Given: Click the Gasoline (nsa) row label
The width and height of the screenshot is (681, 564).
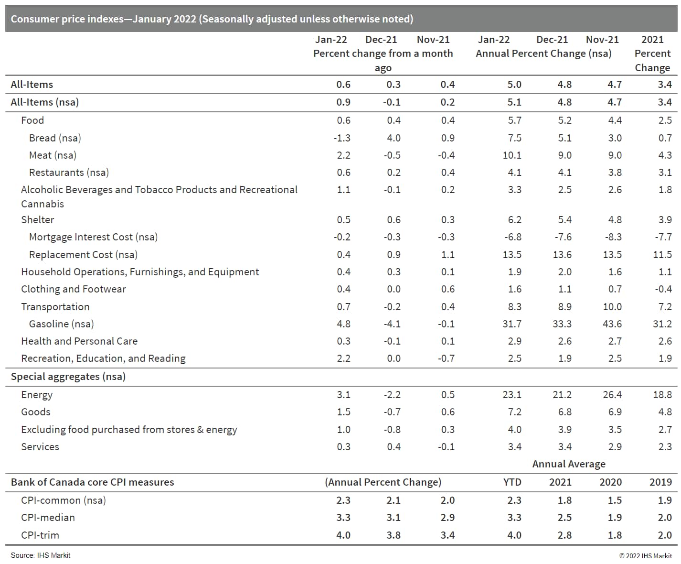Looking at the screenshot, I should [x=61, y=324].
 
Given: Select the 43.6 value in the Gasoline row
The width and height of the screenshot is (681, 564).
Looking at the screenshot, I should [x=612, y=324].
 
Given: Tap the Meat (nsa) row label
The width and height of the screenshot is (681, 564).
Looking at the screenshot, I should [x=53, y=155].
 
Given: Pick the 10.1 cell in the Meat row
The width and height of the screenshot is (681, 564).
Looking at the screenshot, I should [x=512, y=155].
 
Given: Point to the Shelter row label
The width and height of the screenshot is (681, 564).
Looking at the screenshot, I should [x=38, y=220].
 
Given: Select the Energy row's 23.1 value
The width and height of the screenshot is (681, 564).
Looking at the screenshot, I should [x=512, y=395].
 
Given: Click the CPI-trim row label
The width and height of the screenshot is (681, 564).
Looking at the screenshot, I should [x=40, y=535].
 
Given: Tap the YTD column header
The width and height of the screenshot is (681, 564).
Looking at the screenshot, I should [x=512, y=482].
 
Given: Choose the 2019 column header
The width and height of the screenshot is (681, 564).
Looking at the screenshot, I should [x=660, y=482].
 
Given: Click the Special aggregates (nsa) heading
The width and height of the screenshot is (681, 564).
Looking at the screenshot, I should [x=68, y=377].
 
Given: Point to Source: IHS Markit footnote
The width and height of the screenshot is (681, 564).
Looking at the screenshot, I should [x=41, y=555].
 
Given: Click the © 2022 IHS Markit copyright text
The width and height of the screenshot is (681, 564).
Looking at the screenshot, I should [x=646, y=556].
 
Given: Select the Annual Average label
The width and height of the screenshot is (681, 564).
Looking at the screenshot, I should [x=569, y=464].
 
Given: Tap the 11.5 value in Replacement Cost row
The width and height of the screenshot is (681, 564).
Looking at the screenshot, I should [x=662, y=255].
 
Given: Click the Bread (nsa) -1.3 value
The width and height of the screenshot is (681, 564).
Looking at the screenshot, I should [x=342, y=138].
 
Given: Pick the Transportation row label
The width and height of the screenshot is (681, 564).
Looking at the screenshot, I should [x=55, y=307].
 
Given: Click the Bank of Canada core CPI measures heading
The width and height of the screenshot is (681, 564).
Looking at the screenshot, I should [x=93, y=482].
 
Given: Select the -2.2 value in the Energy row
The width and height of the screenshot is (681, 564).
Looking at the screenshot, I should [x=392, y=395].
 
